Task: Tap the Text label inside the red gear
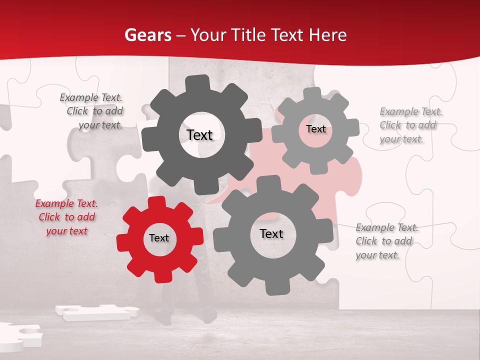pyautogui.click(x=159, y=238)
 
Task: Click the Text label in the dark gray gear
pyautogui.click(x=199, y=135)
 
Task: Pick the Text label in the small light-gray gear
pyautogui.click(x=315, y=129)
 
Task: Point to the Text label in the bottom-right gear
pyautogui.click(x=271, y=233)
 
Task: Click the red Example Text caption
pyautogui.click(x=66, y=217)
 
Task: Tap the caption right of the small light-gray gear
pyautogui.click(x=410, y=125)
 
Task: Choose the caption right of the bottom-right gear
pyautogui.click(x=386, y=241)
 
